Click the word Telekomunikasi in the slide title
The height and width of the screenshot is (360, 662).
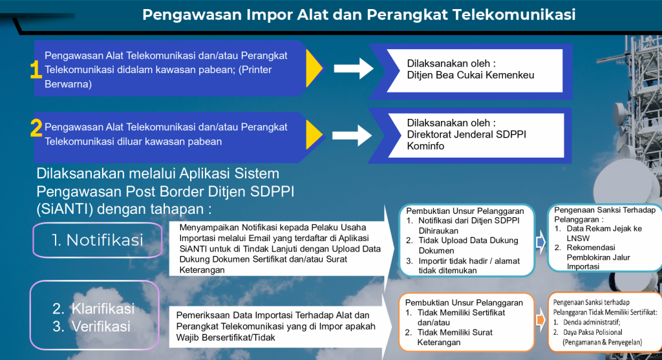click(514, 14)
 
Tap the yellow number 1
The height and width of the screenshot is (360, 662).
click(36, 69)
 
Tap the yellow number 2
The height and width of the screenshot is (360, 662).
click(36, 128)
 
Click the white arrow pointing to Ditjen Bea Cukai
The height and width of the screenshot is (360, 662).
click(354, 69)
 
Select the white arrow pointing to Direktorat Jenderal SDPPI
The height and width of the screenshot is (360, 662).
click(352, 136)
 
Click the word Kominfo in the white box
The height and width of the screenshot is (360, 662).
click(425, 146)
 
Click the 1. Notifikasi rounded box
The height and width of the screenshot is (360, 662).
click(98, 240)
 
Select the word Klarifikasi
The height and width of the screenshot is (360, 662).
click(103, 308)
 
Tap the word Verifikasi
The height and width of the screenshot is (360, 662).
click(101, 326)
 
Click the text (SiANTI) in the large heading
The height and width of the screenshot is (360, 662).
click(65, 209)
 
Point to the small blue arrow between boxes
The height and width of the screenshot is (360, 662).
click(540, 242)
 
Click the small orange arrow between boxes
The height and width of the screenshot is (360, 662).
click(540, 320)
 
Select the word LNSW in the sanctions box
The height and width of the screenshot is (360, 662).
click(578, 238)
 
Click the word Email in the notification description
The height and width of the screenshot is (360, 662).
click(259, 238)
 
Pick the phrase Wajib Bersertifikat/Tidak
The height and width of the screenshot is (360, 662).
click(226, 337)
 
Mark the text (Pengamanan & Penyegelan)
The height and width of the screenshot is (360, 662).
click(603, 342)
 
